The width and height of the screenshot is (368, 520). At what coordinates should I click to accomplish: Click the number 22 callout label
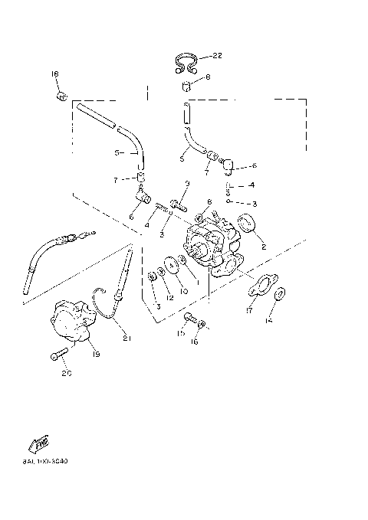tap(217, 56)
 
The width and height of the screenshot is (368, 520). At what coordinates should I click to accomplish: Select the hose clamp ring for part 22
tap(186, 61)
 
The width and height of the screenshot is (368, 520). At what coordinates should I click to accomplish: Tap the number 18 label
tap(54, 74)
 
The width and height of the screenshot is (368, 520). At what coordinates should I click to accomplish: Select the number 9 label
tap(186, 184)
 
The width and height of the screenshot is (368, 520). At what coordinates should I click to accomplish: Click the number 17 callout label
tap(249, 311)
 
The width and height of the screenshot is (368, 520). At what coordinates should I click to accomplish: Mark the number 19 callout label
tap(97, 355)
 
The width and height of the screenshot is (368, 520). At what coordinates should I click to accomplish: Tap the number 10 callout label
tap(183, 292)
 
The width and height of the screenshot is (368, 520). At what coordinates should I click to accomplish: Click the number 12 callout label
tap(170, 296)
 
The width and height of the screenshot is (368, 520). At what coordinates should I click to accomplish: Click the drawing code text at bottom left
tap(45, 462)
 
